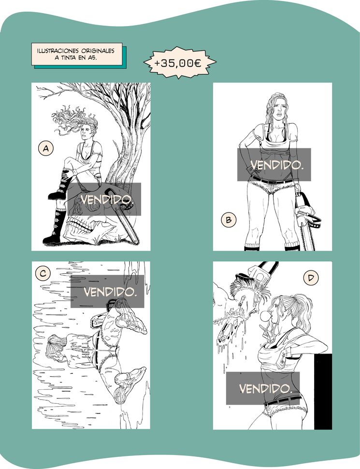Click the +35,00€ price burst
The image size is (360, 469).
coord(180,63)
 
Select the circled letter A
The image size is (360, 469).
coord(46,149)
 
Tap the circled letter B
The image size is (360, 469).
coord(229,220)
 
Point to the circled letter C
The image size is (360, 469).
coord(43,273)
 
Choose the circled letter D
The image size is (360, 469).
coord(311,278)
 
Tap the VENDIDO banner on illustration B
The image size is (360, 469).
coord(274,165)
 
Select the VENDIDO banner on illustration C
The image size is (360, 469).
coord(107,291)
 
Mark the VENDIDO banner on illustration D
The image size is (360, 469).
coord(263,388)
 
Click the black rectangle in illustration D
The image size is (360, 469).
coord(323,391)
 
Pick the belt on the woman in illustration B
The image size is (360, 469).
coord(271,180)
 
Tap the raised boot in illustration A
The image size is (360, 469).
coord(60,184)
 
